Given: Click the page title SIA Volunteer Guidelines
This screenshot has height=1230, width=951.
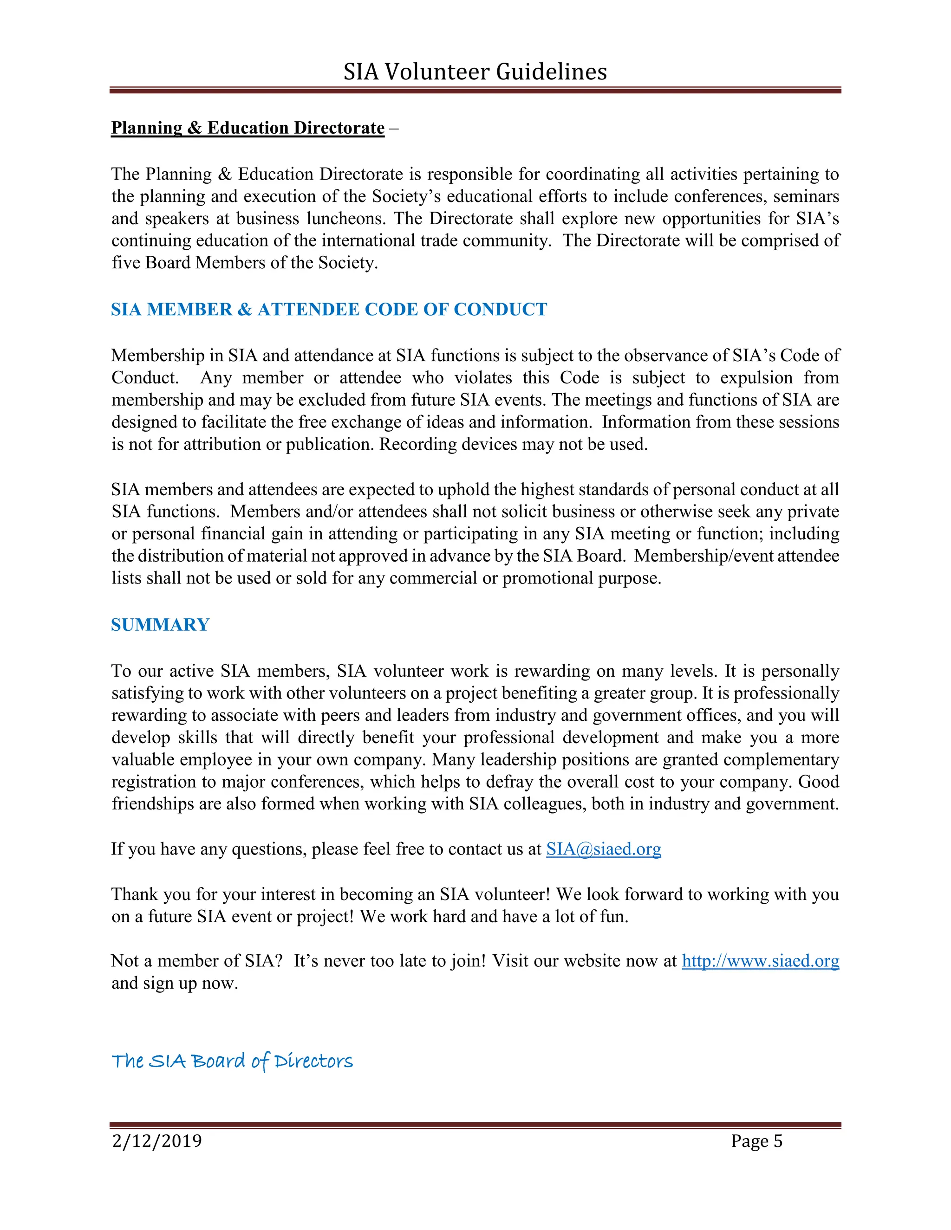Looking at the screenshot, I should coord(475,71).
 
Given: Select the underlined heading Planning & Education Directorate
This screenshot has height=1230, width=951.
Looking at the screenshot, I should coord(248,128).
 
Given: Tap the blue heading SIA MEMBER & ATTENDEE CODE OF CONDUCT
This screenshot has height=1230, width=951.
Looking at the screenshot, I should coord(328,309).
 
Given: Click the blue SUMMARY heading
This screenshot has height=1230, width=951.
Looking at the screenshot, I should coord(160,625).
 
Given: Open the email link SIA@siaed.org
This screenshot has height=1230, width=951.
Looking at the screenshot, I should coord(603,849).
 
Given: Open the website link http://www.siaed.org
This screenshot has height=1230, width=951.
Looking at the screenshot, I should coord(760,960).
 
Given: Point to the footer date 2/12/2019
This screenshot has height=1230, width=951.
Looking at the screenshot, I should coord(156,1141).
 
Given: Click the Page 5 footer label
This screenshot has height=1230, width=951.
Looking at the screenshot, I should coord(756,1141).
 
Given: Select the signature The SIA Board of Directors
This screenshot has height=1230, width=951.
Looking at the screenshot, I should coord(232,1061).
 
